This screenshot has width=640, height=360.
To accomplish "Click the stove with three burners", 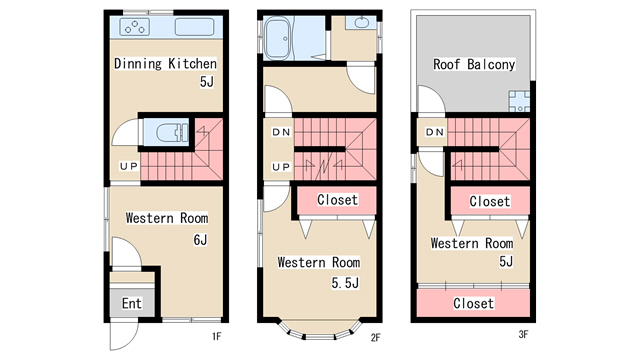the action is (x=134, y=27).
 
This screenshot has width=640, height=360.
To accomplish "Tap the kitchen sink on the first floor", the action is (x=194, y=27).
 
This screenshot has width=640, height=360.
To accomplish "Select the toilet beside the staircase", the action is (x=172, y=132).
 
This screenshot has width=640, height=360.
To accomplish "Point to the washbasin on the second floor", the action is (x=361, y=22).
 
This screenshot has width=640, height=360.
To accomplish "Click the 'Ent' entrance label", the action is (x=132, y=303).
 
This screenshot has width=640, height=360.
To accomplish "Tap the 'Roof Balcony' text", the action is (x=474, y=64).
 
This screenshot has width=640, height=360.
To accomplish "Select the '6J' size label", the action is (x=200, y=240).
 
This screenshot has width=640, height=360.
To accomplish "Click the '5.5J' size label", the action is (x=345, y=282).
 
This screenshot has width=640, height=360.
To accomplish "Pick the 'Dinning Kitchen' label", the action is (x=165, y=63).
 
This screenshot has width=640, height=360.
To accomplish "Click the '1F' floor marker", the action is (x=216, y=336).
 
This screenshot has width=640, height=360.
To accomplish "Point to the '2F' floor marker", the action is (x=376, y=338).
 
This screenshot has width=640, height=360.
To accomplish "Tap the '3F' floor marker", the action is (x=523, y=335).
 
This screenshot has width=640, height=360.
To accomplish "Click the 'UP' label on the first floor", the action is (x=129, y=166).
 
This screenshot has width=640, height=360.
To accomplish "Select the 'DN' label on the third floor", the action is (x=435, y=132).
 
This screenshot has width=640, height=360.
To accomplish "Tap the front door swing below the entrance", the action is (x=124, y=336).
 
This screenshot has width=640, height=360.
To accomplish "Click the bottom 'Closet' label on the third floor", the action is (x=473, y=303).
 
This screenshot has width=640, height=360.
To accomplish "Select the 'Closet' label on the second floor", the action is (x=337, y=200).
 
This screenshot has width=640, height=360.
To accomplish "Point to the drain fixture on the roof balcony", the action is (x=519, y=101).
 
